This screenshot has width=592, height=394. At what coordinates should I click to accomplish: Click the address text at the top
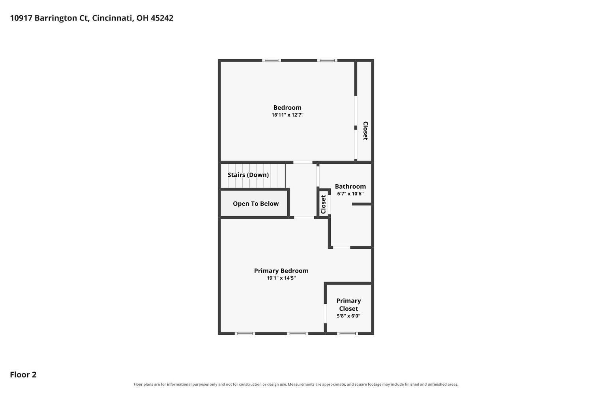92,18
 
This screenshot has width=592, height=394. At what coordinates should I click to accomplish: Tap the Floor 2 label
23,374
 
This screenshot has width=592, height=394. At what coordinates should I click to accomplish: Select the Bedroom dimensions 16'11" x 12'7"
287,115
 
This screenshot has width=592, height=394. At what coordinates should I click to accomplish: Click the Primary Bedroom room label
281,271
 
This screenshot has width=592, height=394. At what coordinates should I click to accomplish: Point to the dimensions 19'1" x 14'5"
281,278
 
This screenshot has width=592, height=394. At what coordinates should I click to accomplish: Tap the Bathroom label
350,187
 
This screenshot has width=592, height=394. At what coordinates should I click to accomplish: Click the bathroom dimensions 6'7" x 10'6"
350,194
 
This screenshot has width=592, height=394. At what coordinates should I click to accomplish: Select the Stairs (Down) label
248,175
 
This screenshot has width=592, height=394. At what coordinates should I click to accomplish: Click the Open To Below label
256,204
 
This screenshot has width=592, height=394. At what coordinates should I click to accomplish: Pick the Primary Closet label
348,304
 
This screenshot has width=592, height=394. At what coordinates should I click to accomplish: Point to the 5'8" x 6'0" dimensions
348,316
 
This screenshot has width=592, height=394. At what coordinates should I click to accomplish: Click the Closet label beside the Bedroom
365,131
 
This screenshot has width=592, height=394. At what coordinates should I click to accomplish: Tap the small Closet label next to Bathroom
323,204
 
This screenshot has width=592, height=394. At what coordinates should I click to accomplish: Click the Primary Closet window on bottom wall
348,334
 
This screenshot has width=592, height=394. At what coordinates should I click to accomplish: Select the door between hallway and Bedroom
303,162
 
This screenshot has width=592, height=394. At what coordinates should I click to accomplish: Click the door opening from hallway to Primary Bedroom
304,218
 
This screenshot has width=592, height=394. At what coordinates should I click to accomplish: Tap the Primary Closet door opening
325,314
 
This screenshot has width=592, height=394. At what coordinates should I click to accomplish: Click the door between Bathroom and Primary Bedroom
341,247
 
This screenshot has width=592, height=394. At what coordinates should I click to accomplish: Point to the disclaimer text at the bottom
296,385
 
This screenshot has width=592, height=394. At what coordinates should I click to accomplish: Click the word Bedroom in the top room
287,108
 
